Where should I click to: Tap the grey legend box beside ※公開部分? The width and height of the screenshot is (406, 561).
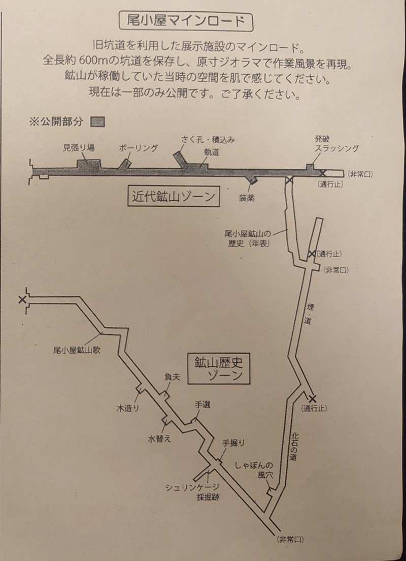(97, 122)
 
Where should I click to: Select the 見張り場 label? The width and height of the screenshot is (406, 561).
(79, 148)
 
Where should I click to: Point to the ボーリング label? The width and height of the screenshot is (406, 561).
(138, 148)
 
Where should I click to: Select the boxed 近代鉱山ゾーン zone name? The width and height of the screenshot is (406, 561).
(174, 197)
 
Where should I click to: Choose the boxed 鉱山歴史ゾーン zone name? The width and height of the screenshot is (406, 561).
(220, 369)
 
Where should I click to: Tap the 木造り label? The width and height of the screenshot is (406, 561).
(127, 408)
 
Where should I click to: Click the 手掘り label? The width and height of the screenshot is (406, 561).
(234, 443)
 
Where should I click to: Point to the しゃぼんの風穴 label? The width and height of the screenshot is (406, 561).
(254, 470)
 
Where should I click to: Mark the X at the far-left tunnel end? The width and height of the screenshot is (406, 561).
(22, 300)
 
